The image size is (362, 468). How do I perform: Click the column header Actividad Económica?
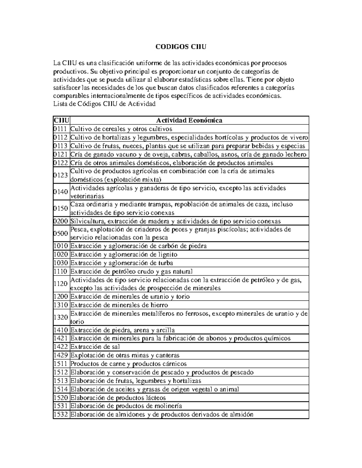[x=189, y=121]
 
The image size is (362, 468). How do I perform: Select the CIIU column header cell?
[x=61, y=121]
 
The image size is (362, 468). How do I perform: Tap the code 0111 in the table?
[x=61, y=129]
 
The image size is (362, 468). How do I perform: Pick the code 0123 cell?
[x=61, y=175]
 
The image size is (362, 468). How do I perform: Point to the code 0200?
[x=61, y=221]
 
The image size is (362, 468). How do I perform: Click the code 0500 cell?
[x=61, y=233]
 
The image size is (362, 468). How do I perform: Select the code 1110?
[x=61, y=272]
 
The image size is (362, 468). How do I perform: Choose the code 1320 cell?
[x=61, y=317]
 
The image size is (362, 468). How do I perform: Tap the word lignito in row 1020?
[x=166, y=254]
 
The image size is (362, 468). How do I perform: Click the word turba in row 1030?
[x=164, y=263]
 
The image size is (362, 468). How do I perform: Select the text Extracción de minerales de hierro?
[x=119, y=305]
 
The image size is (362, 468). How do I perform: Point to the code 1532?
[x=61, y=414]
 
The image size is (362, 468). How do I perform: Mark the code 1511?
[x=61, y=364]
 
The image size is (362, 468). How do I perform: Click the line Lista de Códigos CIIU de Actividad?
[x=104, y=104]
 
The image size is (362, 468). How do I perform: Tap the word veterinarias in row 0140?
[x=87, y=196]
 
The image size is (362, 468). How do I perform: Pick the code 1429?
[x=61, y=355]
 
